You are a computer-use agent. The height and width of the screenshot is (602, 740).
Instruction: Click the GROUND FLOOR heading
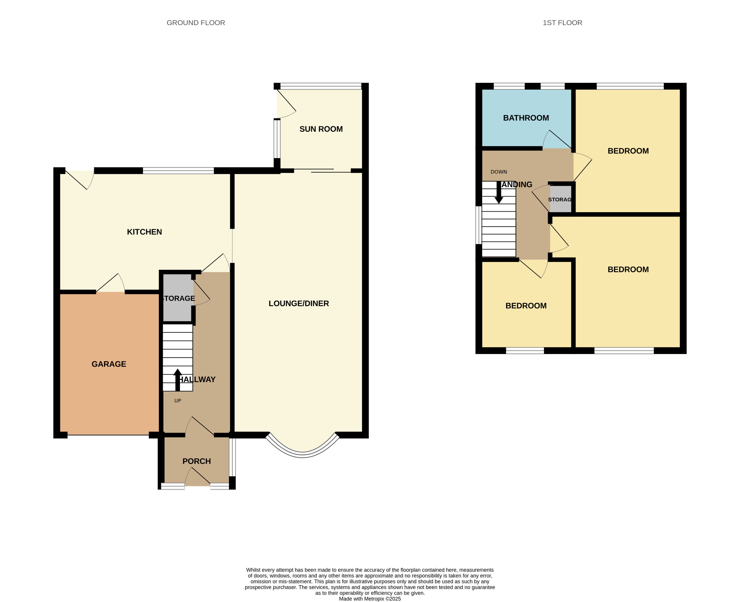(196, 23)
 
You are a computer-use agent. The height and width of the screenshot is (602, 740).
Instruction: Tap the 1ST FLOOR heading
(562, 23)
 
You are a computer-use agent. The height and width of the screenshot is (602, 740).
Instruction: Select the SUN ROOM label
(321, 129)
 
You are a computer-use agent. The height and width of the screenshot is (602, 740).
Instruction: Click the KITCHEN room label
(144, 232)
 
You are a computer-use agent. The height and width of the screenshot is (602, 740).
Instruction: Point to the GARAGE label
(109, 364)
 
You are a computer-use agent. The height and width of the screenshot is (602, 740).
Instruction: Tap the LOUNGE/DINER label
(299, 303)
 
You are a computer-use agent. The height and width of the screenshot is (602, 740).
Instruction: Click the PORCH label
(196, 461)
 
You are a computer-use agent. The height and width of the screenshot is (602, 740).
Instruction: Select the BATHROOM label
(526, 118)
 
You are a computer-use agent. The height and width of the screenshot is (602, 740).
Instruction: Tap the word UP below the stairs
(177, 401)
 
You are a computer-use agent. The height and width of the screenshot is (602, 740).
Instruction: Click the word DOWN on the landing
(499, 172)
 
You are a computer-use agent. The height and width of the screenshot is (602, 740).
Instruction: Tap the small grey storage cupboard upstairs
(560, 199)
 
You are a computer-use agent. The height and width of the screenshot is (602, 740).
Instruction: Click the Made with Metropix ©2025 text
(370, 598)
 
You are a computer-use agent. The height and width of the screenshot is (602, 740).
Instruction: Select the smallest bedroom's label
(526, 306)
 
